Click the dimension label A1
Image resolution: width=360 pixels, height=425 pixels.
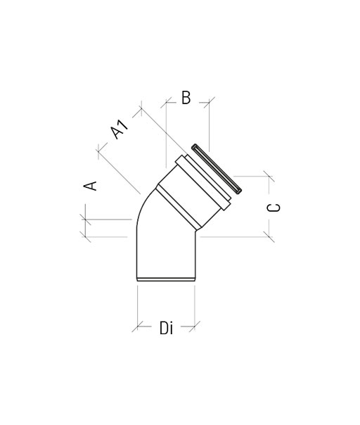click(x=120, y=129)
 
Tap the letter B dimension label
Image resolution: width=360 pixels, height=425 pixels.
click(x=186, y=98)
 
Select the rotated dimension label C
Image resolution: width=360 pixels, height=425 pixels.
click(x=274, y=208)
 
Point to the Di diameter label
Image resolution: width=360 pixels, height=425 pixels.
click(x=166, y=327)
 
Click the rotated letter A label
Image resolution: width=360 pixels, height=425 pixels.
click(x=90, y=186)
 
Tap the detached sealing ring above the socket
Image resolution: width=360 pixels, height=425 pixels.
click(x=217, y=169)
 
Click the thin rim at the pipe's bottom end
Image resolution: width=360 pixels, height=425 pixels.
click(x=166, y=279)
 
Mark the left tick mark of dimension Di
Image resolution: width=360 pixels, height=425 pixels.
click(x=138, y=326)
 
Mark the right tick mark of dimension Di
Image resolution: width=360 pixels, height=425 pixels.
click(x=195, y=326)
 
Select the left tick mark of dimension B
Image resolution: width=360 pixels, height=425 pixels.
click(x=166, y=103)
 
